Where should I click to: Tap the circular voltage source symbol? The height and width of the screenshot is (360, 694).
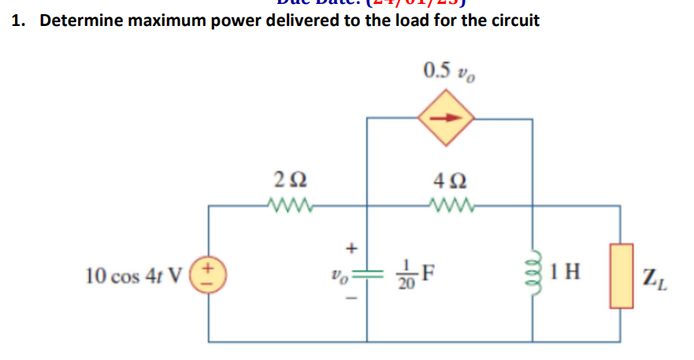click(210, 276)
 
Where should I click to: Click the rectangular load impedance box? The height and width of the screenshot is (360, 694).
click(619, 276)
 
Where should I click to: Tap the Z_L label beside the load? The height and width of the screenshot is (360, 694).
click(651, 277)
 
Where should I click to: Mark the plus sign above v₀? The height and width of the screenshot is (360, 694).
click(352, 248)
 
